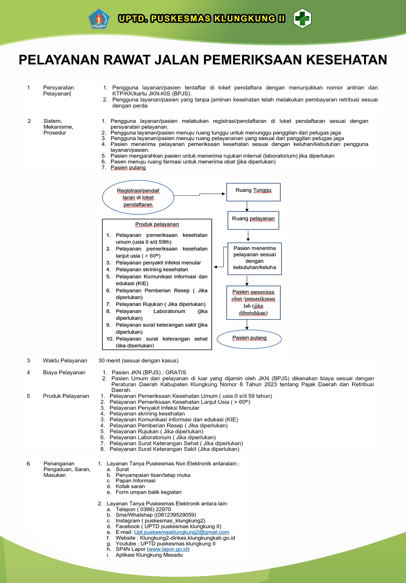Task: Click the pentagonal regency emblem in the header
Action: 99,19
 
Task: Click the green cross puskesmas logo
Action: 302,18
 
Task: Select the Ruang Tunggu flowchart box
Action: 253,192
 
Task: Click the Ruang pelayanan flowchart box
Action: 253,220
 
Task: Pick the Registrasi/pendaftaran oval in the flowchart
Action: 138,197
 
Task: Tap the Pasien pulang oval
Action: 249,339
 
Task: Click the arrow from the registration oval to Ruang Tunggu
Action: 199,194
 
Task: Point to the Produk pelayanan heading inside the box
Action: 157,224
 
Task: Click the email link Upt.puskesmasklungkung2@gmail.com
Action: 181,532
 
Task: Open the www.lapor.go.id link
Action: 168,549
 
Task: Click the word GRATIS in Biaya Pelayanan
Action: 176,372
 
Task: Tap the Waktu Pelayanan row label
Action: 65,361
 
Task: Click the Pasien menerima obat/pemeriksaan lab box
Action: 253,303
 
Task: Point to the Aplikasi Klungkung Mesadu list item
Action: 149,555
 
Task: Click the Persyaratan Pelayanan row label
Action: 58,90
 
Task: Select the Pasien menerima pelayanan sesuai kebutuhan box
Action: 254,259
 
